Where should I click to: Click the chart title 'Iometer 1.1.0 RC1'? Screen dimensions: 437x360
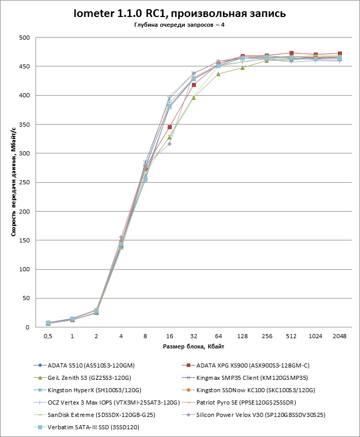click(x=180, y=13)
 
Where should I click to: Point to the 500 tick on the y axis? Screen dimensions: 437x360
click(x=24, y=38)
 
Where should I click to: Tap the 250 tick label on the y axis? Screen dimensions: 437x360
click(x=24, y=182)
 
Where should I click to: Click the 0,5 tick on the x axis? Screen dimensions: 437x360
click(x=48, y=336)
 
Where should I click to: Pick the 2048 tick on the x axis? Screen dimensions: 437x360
click(x=339, y=336)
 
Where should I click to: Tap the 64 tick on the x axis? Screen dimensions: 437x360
click(x=218, y=336)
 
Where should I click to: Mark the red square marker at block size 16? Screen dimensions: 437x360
click(x=169, y=127)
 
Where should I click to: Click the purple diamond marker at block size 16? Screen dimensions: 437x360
click(x=169, y=144)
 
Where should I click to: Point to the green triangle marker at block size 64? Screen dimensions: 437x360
click(x=218, y=74)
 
